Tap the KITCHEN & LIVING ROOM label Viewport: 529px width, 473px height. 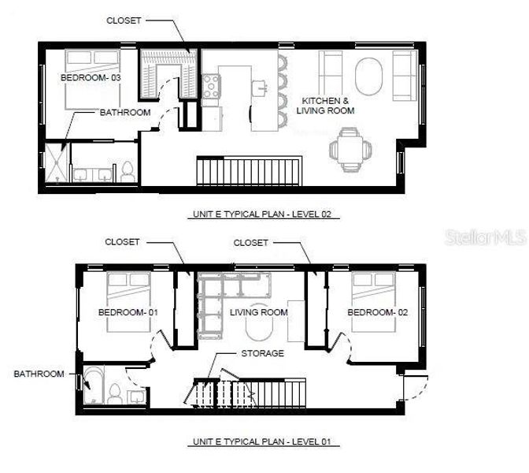pyautogui.click(x=324, y=106)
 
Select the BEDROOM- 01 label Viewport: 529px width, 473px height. pyautogui.click(x=128, y=312)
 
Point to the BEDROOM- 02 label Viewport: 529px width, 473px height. pyautogui.click(x=378, y=312)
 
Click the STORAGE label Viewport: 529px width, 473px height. pyautogui.click(x=262, y=353)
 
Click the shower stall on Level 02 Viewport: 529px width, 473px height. pyautogui.click(x=55, y=162)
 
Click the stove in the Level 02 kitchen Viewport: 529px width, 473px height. pyautogui.click(x=211, y=86)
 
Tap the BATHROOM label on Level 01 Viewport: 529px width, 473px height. pyautogui.click(x=39, y=374)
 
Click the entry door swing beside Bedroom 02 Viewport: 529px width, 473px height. pyautogui.click(x=414, y=386)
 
